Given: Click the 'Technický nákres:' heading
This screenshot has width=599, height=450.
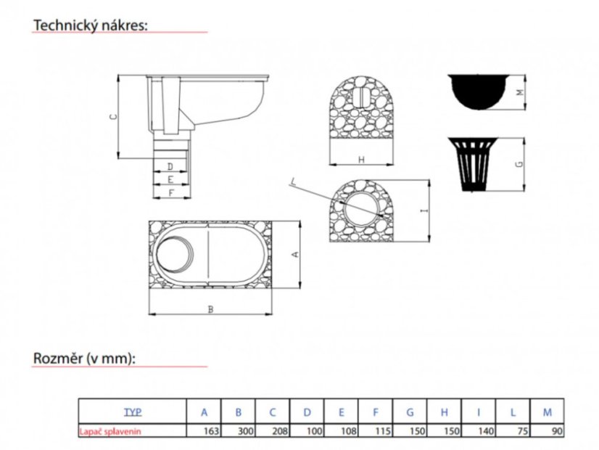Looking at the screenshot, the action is pyautogui.click(x=91, y=25).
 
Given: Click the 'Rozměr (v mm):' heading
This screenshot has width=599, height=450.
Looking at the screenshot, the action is pyautogui.click(x=84, y=359).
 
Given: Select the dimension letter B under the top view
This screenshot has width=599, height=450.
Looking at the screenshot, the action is pyautogui.click(x=210, y=309).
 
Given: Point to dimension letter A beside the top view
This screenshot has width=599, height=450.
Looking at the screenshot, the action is pyautogui.click(x=294, y=254).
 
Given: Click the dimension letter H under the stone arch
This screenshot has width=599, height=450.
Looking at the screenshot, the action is pyautogui.click(x=361, y=160).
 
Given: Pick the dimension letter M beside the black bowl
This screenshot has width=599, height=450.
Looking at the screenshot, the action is pyautogui.click(x=519, y=92).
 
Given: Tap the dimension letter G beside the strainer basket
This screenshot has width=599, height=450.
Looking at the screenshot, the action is pyautogui.click(x=519, y=165).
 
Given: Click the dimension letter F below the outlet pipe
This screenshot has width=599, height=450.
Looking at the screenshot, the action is pyautogui.click(x=171, y=192).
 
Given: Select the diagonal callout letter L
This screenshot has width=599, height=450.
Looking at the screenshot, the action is pyautogui.click(x=293, y=181).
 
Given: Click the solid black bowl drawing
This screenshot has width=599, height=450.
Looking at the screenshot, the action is pyautogui.click(x=480, y=91).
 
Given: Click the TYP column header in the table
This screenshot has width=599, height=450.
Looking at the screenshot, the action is pyautogui.click(x=133, y=412).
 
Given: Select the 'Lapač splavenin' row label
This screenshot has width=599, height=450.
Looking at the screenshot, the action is pyautogui.click(x=110, y=431).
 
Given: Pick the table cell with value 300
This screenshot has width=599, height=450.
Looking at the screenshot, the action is pyautogui.click(x=239, y=431).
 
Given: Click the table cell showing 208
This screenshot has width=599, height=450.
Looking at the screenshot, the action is pyautogui.click(x=273, y=431).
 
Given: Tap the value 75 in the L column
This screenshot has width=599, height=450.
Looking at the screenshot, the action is pyautogui.click(x=523, y=431).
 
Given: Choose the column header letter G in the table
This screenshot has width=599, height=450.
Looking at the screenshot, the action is pyautogui.click(x=410, y=412).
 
